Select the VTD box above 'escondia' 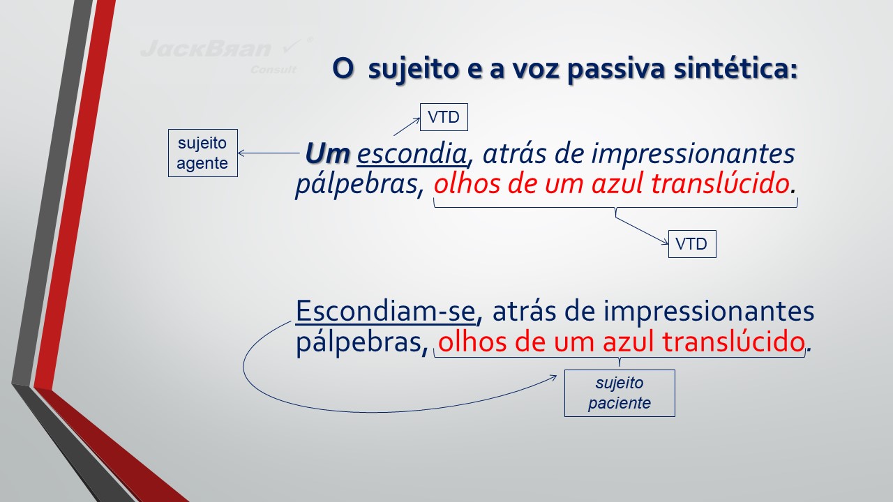pos(444,117)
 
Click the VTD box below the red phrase pos(692,244)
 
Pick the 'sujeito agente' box pos(203,153)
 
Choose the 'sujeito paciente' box pos(620,393)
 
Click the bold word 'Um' pos(327,153)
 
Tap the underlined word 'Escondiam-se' pos(386,311)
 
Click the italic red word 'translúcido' pos(720,183)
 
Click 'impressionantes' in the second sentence pos(708,312)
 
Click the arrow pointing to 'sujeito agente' pos(269,153)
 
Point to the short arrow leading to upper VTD pos(407,127)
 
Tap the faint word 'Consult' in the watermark pos(273,70)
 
